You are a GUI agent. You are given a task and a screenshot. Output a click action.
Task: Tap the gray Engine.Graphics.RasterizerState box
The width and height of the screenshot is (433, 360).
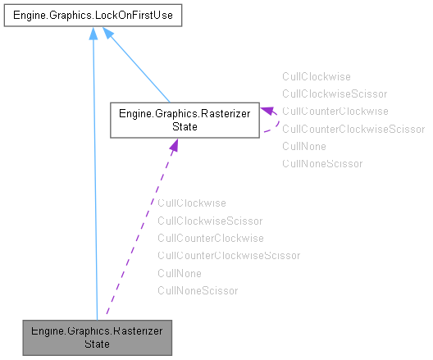tap(97, 335)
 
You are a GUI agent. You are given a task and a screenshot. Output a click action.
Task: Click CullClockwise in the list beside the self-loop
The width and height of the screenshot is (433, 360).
tap(316, 75)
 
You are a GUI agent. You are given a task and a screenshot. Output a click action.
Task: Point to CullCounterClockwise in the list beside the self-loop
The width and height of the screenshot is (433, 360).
tap(335, 111)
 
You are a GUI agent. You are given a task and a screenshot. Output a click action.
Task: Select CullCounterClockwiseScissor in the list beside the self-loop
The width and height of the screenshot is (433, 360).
tap(353, 129)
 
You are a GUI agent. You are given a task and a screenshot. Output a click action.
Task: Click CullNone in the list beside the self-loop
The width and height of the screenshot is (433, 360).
tap(303, 146)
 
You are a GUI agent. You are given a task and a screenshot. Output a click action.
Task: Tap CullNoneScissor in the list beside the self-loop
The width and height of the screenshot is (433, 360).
tap(321, 164)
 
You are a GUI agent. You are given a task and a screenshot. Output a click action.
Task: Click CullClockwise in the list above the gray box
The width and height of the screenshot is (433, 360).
tap(191, 203)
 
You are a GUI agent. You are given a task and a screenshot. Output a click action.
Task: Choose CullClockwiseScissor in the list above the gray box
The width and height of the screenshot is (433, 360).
tap(209, 221)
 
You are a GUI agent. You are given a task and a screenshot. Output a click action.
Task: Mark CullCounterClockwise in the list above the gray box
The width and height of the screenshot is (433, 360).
tap(210, 238)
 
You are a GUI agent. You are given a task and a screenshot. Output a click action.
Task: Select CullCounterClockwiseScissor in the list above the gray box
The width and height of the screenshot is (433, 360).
tap(228, 256)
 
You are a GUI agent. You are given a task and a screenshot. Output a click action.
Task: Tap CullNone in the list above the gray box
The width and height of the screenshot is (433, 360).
tap(179, 273)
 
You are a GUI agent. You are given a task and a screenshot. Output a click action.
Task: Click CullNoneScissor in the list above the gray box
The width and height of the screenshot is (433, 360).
tap(197, 291)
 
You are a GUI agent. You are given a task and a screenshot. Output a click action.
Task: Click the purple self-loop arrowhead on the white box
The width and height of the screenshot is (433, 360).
tap(267, 110)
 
